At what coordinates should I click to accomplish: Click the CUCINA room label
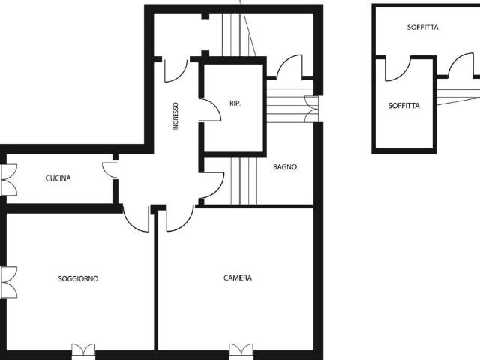click(x=58, y=178)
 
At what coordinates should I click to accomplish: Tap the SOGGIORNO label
click(x=78, y=278)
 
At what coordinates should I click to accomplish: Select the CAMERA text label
click(x=238, y=277)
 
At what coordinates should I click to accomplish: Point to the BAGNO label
click(x=285, y=167)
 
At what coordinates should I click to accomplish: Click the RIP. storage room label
click(x=235, y=103)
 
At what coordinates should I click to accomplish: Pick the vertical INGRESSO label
click(x=175, y=116)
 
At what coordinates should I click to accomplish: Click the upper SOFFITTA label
click(x=422, y=27)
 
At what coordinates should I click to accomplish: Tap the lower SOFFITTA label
click(x=403, y=106)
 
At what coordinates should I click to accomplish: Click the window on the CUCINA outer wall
click(x=8, y=180)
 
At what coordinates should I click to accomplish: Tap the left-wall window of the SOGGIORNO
click(x=8, y=282)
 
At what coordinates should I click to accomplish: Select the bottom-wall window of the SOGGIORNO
click(x=83, y=351)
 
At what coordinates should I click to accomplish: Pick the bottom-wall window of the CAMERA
click(x=241, y=351)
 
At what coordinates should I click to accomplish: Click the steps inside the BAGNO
click(x=244, y=181)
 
